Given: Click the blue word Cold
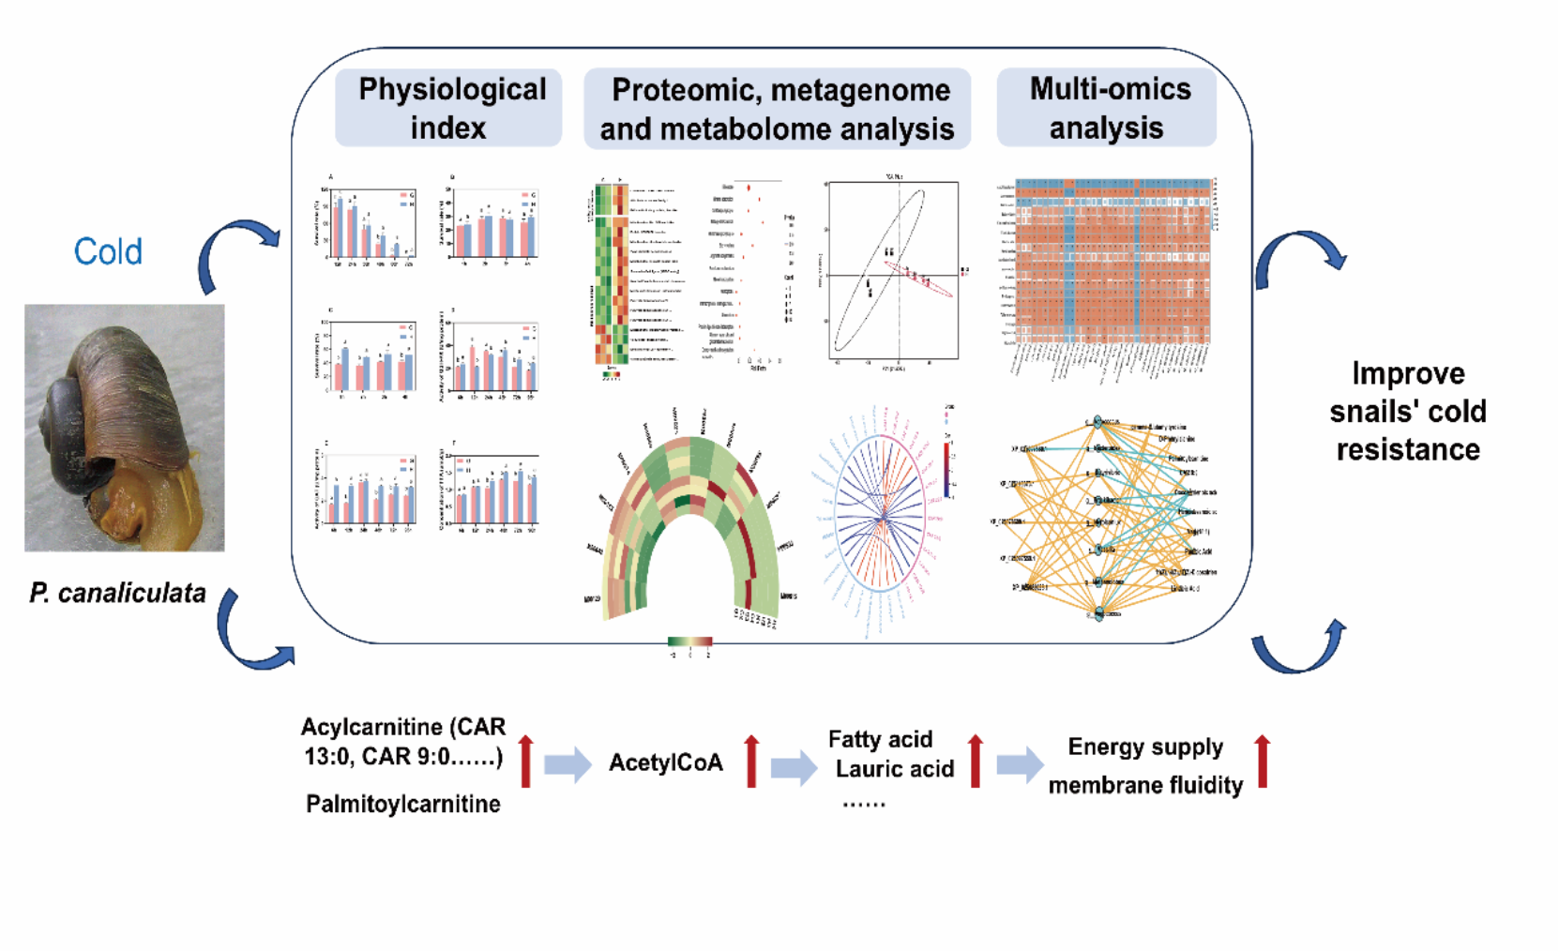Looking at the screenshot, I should point(108,251).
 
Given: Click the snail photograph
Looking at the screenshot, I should point(125,428).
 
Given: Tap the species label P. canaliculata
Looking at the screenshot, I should point(117,593).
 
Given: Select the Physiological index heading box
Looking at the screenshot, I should point(448,108).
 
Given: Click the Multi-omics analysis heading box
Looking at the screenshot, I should point(1107,108).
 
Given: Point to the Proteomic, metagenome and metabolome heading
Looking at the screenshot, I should point(778,109).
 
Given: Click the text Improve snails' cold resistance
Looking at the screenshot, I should point(1407,411).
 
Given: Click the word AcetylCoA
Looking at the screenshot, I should point(666,762).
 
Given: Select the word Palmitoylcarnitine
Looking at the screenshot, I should point(402,804).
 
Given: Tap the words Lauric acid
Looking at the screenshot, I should point(894,769).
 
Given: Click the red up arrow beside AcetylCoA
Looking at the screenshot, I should point(751,761).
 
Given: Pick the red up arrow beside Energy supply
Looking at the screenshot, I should point(1263,761).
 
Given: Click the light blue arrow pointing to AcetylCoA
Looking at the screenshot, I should point(568,763).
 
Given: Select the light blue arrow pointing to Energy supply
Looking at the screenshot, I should point(1020,763).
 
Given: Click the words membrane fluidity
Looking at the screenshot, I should point(1145,785).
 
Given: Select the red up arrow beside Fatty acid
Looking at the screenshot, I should point(976,761).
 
